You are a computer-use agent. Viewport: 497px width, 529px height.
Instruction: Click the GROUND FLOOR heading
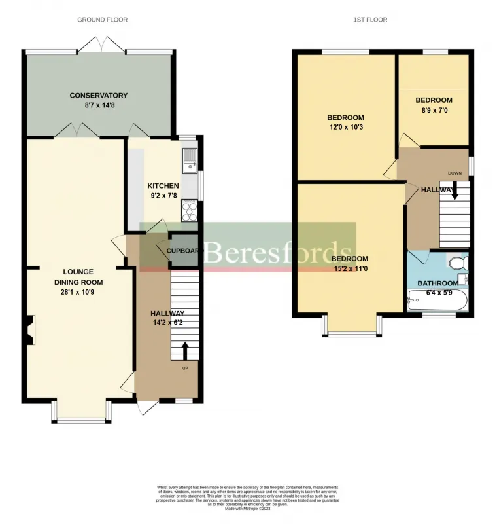(102, 20)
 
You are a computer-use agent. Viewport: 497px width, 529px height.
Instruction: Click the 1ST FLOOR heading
(371, 20)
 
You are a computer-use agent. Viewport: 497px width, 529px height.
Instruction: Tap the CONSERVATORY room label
(99, 96)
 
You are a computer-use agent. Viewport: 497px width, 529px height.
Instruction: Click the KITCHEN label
(163, 186)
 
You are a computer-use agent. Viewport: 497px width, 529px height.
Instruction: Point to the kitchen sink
(190, 160)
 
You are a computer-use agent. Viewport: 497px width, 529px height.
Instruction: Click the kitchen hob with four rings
(190, 210)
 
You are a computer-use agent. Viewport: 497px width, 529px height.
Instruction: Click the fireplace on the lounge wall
(29, 329)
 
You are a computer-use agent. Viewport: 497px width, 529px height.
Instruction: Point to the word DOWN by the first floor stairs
(454, 173)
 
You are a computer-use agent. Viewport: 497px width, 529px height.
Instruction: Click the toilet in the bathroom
(458, 263)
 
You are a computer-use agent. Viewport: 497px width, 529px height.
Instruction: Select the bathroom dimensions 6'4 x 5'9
(438, 292)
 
